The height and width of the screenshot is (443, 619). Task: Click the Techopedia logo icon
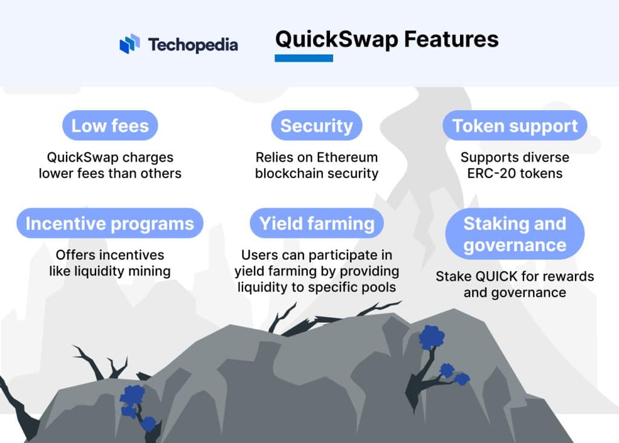point(129,44)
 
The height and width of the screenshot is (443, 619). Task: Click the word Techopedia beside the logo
point(193,45)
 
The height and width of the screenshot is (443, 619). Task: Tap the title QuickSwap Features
point(387,39)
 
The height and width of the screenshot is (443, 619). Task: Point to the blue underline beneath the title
point(303,58)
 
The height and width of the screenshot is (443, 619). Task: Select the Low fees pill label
point(110,126)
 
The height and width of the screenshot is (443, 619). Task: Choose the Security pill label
point(316,126)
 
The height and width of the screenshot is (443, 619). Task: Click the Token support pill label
point(515,126)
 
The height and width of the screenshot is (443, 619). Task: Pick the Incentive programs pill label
point(110,223)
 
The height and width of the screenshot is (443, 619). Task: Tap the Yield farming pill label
point(317,223)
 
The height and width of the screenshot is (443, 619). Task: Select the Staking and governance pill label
point(515,234)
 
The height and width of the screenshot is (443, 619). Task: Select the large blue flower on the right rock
point(432,337)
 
